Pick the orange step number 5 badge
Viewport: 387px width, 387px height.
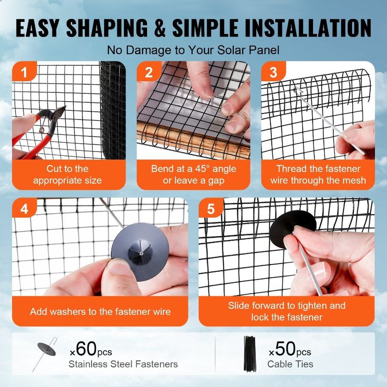211,210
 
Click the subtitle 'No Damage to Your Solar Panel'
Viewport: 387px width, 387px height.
193,50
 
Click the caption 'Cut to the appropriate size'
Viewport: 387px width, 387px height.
68,175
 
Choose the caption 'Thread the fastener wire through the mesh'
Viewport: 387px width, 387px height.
318,175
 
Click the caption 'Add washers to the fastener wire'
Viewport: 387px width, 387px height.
100,312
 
